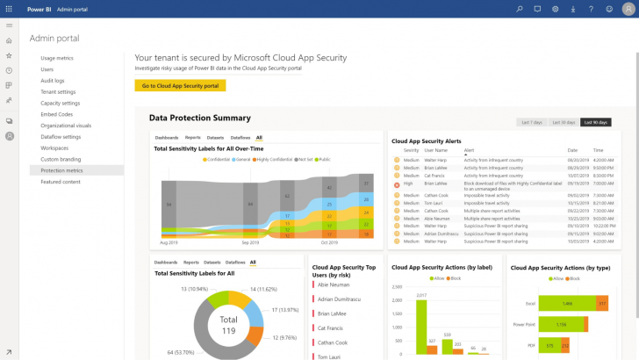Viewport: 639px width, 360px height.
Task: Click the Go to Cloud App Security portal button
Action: pyautogui.click(x=180, y=85)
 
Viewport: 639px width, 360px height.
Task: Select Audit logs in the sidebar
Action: pyautogui.click(x=54, y=80)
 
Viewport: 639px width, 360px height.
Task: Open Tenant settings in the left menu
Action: pyautogui.click(x=58, y=91)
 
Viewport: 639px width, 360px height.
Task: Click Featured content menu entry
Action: pyautogui.click(x=61, y=182)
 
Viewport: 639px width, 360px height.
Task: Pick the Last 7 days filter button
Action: pyautogui.click(x=531, y=122)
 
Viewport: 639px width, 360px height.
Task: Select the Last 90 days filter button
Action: pyautogui.click(x=595, y=122)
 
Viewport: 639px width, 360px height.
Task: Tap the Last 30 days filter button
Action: pyautogui.click(x=563, y=122)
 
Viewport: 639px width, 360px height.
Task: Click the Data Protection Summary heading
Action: pyautogui.click(x=199, y=118)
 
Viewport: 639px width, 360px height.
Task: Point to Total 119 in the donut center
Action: pyautogui.click(x=229, y=325)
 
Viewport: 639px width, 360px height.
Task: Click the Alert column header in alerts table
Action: pyautogui.click(x=470, y=150)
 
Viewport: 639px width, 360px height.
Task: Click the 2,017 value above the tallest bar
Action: pyautogui.click(x=421, y=295)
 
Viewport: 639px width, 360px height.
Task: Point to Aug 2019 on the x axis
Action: pyautogui.click(x=169, y=241)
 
